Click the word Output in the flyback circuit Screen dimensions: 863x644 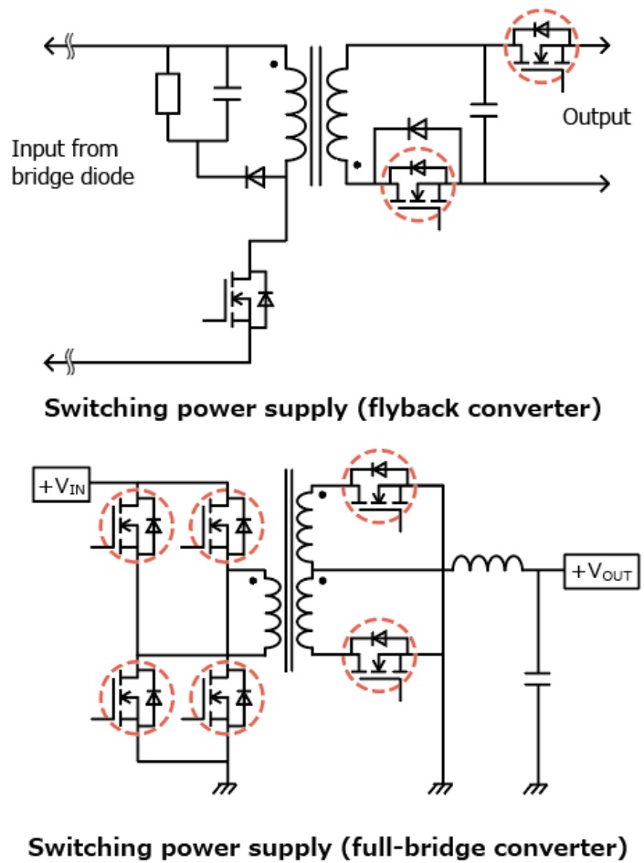click(596, 117)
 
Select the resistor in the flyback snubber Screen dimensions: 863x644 click(168, 93)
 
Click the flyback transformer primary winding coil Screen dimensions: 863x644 click(297, 114)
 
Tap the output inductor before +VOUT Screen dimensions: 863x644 click(488, 566)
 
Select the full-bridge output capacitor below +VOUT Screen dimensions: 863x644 click(536, 678)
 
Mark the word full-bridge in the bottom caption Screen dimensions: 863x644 click(439, 846)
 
